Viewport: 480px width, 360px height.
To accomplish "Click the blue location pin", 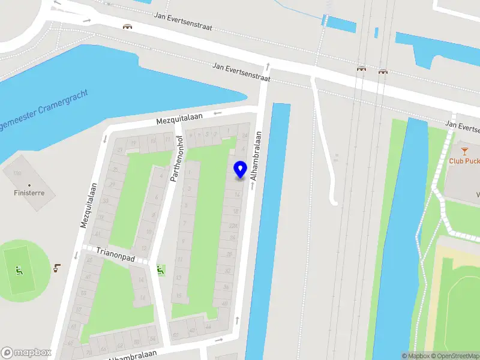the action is pyautogui.click(x=241, y=170).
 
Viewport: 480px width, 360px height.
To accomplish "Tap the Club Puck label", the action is pyautogui.click(x=464, y=161).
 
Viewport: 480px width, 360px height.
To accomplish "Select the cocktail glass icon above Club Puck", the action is pyautogui.click(x=464, y=149).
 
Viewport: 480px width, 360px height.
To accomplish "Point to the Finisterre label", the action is pyautogui.click(x=29, y=193).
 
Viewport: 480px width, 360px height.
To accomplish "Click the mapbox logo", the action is pyautogui.click(x=26, y=353).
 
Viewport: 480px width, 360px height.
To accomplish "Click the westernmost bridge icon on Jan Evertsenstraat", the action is pyautogui.click(x=127, y=26).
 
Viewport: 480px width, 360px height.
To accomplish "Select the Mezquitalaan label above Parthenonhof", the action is pyautogui.click(x=179, y=118).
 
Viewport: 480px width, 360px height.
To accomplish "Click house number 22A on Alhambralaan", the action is pyautogui.click(x=233, y=225).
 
